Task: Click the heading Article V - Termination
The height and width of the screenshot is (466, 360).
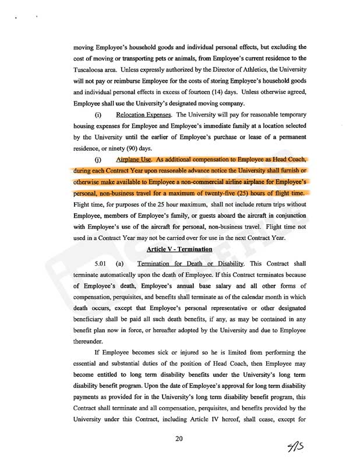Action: [179, 249]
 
